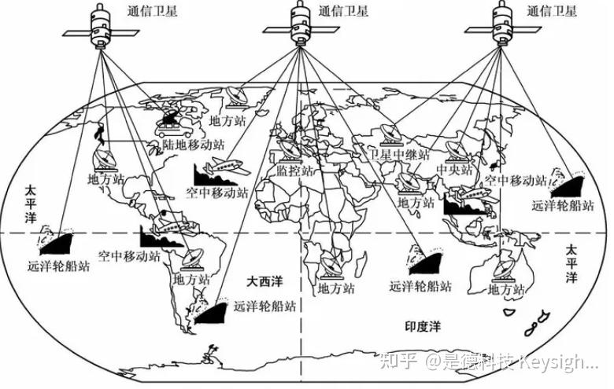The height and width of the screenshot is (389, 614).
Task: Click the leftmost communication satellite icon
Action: point(97,28)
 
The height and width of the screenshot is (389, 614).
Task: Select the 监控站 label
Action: point(294,171)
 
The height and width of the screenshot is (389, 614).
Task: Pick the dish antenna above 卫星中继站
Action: point(391,134)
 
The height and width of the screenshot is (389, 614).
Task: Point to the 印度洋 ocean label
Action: point(424,325)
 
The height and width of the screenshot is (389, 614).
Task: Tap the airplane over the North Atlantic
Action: point(227,167)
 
